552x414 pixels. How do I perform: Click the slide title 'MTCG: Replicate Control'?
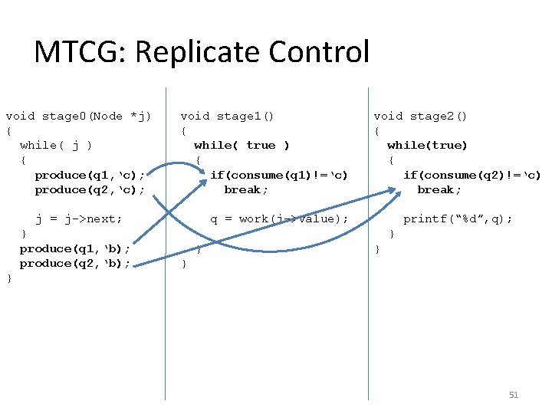202,52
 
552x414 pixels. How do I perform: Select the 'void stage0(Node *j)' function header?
78,116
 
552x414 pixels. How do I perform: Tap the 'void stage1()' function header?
227,116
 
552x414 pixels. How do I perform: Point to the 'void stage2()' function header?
420,116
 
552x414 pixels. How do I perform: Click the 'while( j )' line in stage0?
56,145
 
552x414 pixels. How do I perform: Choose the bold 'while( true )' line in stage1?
242,145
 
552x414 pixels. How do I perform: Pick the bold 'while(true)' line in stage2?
427,145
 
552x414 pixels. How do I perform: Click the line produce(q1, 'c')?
90,175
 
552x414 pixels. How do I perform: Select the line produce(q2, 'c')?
90,189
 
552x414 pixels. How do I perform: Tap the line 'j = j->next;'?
79,219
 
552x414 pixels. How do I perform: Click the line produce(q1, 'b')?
74,248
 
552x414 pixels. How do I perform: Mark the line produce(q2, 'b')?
74,263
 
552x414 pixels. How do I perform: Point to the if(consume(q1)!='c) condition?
279,175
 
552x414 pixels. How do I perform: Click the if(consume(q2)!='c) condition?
472,175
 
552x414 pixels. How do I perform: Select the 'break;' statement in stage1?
246,189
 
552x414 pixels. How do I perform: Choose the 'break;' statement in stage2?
439,189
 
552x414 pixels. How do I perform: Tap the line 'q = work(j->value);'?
279,219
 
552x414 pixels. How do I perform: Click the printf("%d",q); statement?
458,219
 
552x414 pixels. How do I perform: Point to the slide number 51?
514,395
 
